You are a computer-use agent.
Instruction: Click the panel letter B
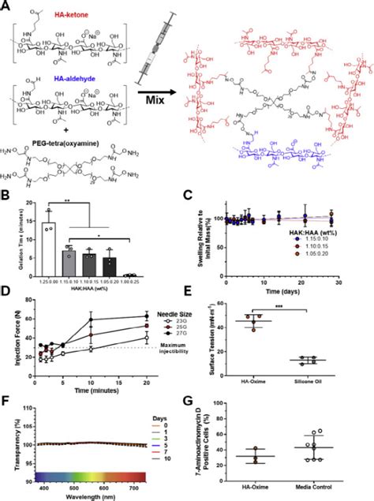[x=6, y=196]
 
